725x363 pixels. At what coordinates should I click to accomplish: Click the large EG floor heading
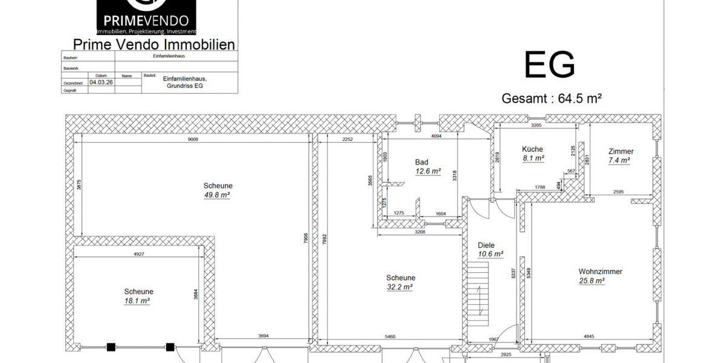pyautogui.click(x=549, y=65)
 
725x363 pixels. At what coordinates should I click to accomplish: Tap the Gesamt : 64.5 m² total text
pyautogui.click(x=552, y=99)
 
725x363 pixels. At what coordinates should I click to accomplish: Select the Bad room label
pyautogui.click(x=422, y=162)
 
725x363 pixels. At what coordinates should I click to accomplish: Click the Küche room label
pyautogui.click(x=532, y=149)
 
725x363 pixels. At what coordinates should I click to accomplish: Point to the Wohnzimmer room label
pyautogui.click(x=600, y=272)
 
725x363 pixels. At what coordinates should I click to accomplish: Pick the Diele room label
pyautogui.click(x=486, y=245)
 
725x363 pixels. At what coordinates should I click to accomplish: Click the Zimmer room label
pyautogui.click(x=621, y=151)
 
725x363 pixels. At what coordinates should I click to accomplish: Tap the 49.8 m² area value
pyautogui.click(x=217, y=195)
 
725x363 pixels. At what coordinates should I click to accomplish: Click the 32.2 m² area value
pyautogui.click(x=400, y=287)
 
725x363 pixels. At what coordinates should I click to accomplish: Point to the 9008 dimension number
pyautogui.click(x=193, y=139)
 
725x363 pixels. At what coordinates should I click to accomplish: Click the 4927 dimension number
pyautogui.click(x=139, y=254)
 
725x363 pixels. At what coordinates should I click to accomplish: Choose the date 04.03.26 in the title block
pyautogui.click(x=101, y=82)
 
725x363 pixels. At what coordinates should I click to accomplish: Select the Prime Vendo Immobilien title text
pyautogui.click(x=153, y=44)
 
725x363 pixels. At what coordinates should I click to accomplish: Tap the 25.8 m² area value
pyautogui.click(x=592, y=281)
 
